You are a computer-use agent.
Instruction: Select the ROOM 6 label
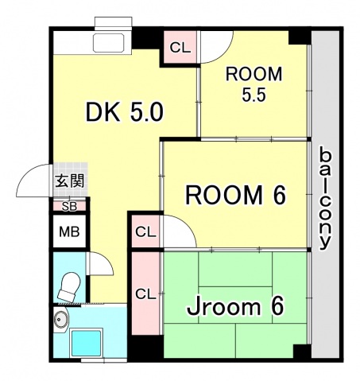(x=235, y=194)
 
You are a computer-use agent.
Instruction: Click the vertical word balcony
(x=325, y=198)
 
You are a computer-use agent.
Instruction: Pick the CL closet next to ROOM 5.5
(x=180, y=47)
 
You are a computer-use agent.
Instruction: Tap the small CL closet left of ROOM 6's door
(x=145, y=232)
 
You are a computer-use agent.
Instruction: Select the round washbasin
(x=60, y=322)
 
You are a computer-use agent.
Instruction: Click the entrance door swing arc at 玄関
(x=33, y=182)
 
